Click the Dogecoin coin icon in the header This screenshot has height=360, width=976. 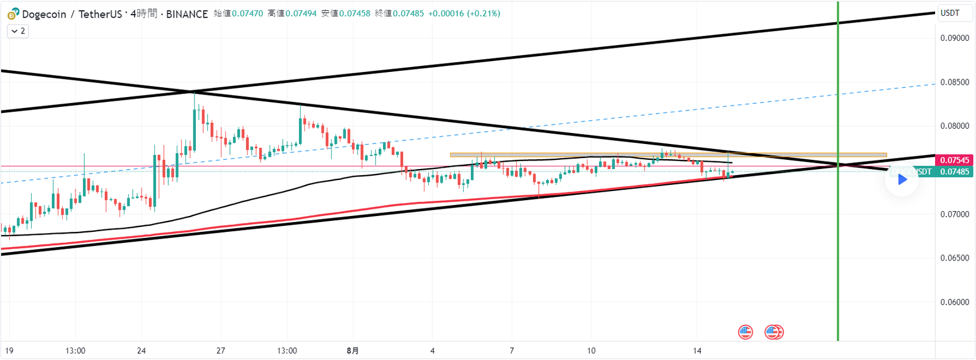13,13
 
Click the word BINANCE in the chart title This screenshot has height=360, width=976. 187,13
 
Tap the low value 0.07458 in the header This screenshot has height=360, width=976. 354,13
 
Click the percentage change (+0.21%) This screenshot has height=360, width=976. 483,13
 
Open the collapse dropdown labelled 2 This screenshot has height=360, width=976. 18,31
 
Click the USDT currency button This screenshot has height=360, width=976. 950,13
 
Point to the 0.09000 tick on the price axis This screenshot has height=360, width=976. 954,38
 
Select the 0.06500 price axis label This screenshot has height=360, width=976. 954,258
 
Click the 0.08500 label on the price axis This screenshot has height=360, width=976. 954,82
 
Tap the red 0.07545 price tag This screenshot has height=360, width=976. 954,160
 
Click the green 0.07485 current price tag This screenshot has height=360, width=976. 954,172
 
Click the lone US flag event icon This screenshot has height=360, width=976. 745,332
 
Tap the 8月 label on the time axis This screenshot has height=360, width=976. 353,351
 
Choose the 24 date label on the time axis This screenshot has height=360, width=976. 142,351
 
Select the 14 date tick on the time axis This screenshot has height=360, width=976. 697,351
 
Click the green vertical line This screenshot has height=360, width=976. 838,244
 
